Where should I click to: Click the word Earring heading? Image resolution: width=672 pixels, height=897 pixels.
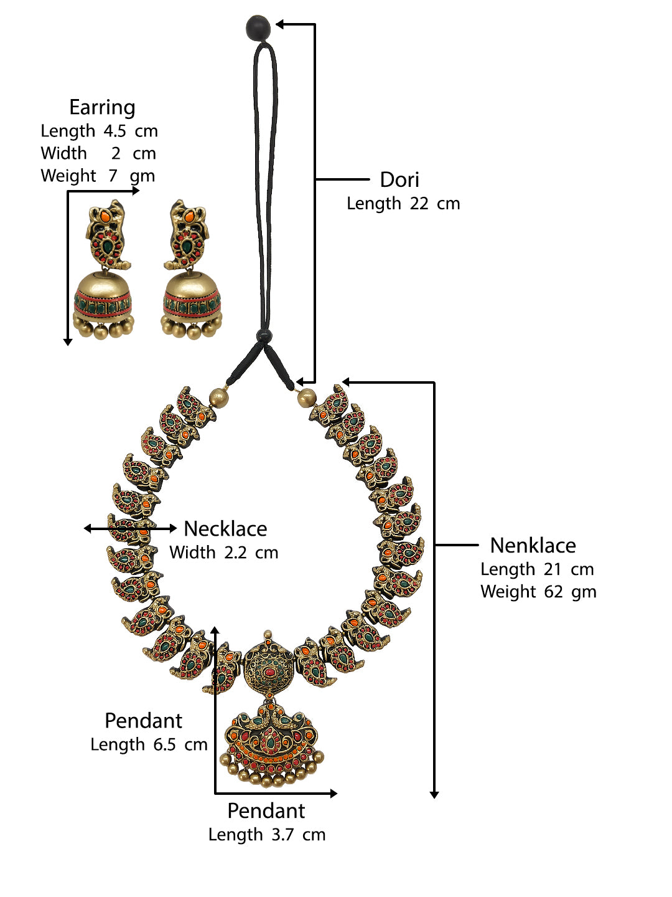pyautogui.click(x=102, y=108)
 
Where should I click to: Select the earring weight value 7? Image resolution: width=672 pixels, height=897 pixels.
pyautogui.click(x=113, y=176)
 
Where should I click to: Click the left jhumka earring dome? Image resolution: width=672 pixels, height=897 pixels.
pyautogui.click(x=103, y=293)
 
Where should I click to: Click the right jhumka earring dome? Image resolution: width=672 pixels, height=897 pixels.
pyautogui.click(x=192, y=293)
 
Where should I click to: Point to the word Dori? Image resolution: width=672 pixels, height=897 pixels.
pyautogui.click(x=399, y=180)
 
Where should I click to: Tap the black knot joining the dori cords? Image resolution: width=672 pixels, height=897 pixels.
pyautogui.click(x=264, y=337)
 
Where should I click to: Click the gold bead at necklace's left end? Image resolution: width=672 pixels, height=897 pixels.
pyautogui.click(x=218, y=397)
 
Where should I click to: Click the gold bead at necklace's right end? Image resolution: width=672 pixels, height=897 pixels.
pyautogui.click(x=306, y=397)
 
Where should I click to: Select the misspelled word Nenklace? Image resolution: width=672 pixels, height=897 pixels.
pyautogui.click(x=533, y=546)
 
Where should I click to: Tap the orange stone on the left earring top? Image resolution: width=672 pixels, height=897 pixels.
pyautogui.click(x=106, y=217)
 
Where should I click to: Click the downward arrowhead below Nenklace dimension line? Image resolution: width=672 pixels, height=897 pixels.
pyautogui.click(x=434, y=794)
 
